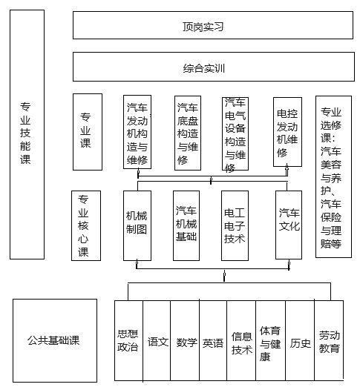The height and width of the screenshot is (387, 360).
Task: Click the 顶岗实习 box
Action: (213, 25)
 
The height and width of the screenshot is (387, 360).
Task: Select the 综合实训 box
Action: (214, 67)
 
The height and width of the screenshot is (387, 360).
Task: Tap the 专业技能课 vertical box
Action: (27, 134)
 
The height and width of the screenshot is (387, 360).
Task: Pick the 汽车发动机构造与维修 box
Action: (137, 132)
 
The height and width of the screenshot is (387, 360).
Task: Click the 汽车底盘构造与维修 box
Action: (188, 133)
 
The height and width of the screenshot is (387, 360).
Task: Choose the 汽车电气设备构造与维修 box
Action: (235, 133)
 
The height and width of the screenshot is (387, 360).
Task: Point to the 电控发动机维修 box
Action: (287, 132)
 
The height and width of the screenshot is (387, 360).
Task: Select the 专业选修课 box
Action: (333, 176)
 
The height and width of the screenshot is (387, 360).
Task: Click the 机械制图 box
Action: (137, 225)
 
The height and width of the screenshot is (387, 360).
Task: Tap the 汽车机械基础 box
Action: (186, 225)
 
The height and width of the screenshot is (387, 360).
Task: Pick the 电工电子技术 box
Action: (235, 225)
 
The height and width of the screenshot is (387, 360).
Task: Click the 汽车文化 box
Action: (289, 225)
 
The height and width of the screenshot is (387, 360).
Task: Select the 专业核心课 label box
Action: (86, 225)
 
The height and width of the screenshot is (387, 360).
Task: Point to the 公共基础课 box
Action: (55, 340)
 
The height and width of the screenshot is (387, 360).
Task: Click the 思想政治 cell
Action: (128, 340)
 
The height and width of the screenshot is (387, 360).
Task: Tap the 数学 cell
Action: (185, 340)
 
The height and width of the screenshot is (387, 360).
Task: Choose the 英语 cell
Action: (213, 340)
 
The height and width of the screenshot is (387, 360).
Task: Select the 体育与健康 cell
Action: (270, 340)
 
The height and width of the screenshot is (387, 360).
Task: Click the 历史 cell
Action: (300, 340)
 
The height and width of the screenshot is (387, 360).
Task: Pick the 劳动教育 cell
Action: (329, 340)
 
